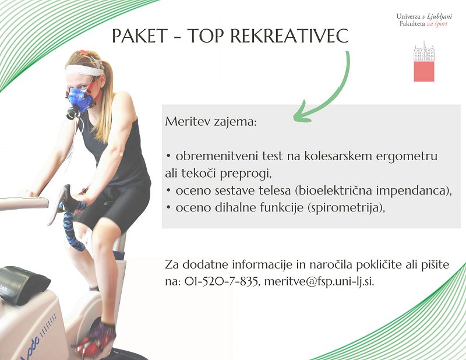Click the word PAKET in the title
(140, 36)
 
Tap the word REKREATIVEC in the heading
(289, 36)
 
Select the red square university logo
(424, 63)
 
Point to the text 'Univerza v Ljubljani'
(424, 16)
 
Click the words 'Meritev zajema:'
(211, 122)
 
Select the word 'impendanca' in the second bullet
(412, 190)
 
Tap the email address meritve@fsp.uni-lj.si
(319, 281)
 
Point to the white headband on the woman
(84, 70)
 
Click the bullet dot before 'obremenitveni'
(168, 157)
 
